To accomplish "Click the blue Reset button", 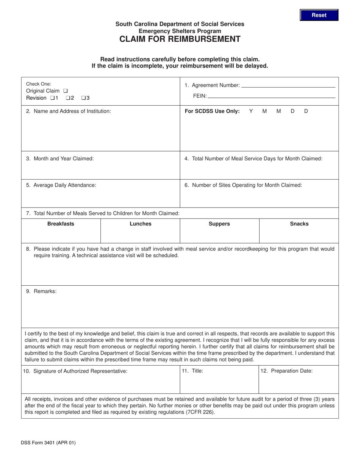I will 319,15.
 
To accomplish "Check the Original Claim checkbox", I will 66,91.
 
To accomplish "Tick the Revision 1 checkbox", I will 52,98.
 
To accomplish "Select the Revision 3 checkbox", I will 83,98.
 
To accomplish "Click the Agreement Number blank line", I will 288,86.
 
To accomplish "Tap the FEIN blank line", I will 271,96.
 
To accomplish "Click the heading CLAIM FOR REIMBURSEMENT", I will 180,39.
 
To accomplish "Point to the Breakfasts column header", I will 61,224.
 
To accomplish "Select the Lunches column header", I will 140,224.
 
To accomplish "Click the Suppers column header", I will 219,224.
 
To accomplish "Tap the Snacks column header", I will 299,224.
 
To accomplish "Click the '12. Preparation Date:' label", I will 286,371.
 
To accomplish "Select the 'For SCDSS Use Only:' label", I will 212,111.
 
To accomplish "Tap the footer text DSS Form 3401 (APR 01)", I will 49,443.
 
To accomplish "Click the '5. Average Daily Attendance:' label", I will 61,185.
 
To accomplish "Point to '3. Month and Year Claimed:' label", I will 60,159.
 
